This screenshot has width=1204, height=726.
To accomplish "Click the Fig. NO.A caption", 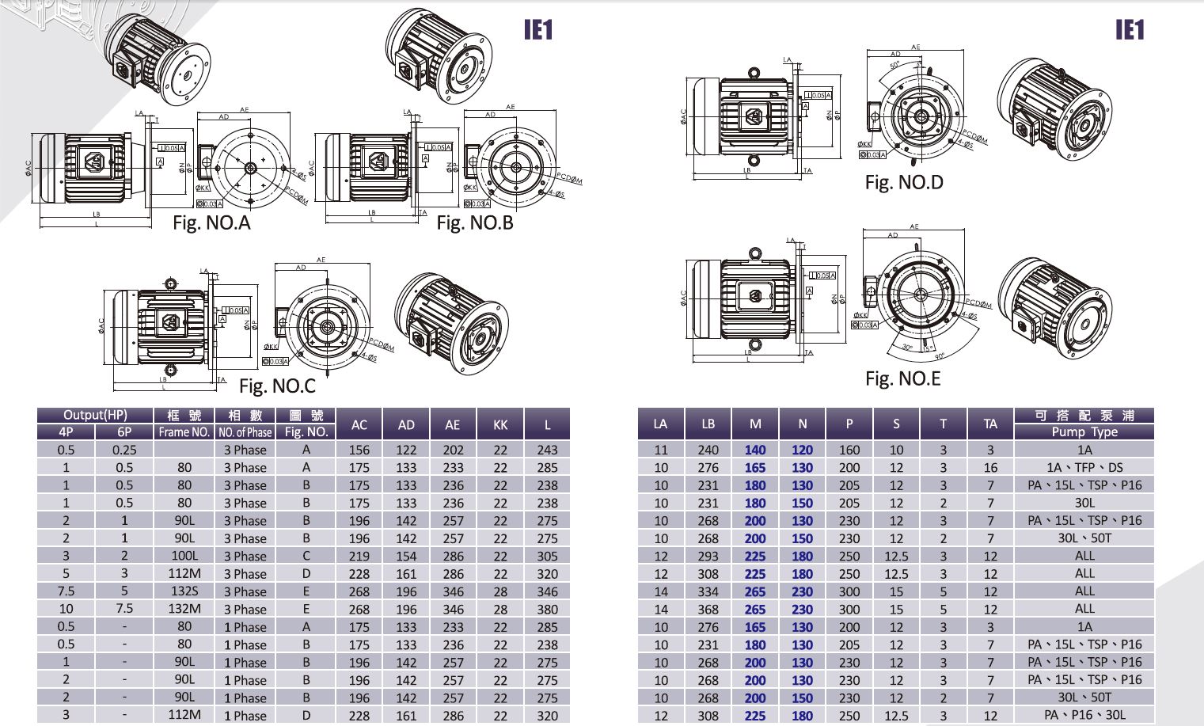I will point(211,223).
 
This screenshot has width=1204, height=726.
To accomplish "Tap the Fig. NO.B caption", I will point(475,223).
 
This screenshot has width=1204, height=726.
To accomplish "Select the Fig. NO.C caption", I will point(277,386).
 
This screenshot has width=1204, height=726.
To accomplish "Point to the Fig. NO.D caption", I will point(904,183).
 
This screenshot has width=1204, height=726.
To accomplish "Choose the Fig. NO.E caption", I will point(902,379).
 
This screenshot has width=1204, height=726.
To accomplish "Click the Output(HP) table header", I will point(95,415).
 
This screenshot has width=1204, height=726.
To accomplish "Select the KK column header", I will point(500,424).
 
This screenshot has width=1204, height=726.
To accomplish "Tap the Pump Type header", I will point(1084,432).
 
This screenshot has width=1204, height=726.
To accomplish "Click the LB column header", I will point(708,424).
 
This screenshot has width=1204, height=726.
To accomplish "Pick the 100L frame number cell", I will point(184,556).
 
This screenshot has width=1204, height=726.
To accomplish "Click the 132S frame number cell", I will point(184,591).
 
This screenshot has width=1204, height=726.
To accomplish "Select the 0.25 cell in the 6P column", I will point(124,450).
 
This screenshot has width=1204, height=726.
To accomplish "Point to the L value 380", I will point(547,610).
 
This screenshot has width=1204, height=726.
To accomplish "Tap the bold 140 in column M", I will point(755,450).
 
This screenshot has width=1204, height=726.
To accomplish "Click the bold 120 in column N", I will point(802,450).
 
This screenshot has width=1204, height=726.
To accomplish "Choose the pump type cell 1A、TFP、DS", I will point(1084,467).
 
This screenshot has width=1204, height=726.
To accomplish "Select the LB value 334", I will point(708,591).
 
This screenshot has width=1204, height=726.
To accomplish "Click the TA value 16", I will point(990,467).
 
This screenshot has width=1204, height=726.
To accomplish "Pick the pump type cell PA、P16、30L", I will point(1084,716).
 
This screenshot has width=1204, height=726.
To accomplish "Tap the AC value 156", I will point(359,450).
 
